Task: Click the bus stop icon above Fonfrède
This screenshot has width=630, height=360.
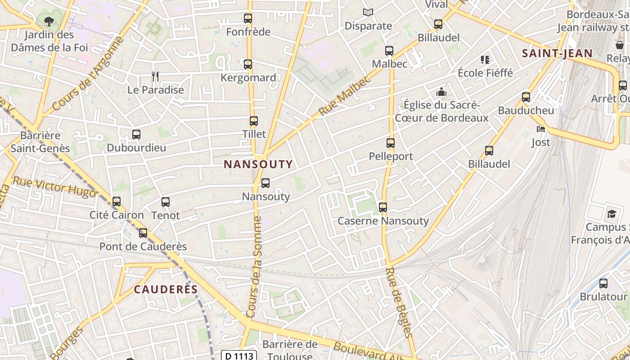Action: click(x=248, y=18)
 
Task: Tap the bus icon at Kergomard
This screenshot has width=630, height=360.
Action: click(x=248, y=64)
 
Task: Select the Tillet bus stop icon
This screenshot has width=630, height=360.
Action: click(x=254, y=121)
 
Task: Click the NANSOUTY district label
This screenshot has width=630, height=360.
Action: click(x=258, y=164)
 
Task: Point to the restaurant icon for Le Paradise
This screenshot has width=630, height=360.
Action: click(x=155, y=76)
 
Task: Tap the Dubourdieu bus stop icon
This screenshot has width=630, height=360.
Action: click(x=136, y=135)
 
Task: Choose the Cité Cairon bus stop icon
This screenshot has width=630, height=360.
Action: click(x=117, y=202)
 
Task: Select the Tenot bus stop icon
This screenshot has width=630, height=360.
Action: click(x=166, y=202)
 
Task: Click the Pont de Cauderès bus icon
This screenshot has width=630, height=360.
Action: click(x=143, y=233)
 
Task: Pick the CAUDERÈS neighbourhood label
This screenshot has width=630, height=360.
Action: click(x=166, y=289)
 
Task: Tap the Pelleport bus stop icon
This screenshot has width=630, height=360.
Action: click(x=391, y=143)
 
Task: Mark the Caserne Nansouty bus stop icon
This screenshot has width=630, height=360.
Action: click(x=383, y=207)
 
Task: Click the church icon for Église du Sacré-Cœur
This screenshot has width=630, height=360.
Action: click(x=441, y=92)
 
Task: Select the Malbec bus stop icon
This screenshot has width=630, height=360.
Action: click(x=389, y=51)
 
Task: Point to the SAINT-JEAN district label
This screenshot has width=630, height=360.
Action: click(x=557, y=54)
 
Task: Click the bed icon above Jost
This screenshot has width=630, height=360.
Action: click(x=541, y=129)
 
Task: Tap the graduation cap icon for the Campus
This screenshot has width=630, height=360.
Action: click(x=612, y=214)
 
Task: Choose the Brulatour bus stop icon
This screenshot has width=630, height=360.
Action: click(x=603, y=283)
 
